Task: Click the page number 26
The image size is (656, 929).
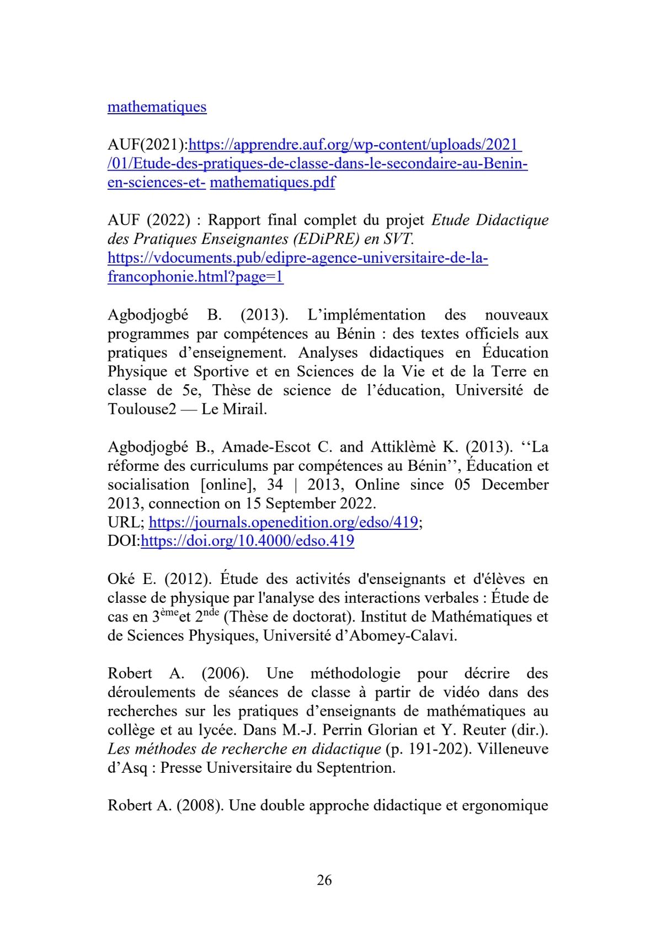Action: point(324,880)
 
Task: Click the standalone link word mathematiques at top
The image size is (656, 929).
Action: point(157,107)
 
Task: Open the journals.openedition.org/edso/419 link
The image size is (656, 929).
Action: point(283,522)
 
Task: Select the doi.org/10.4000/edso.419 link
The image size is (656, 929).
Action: point(247,541)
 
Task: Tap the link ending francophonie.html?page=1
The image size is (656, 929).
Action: point(195,277)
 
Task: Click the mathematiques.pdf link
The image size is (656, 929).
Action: point(273,182)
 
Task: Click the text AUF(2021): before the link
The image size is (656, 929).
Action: point(147,145)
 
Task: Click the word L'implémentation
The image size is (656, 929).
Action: point(366,315)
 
